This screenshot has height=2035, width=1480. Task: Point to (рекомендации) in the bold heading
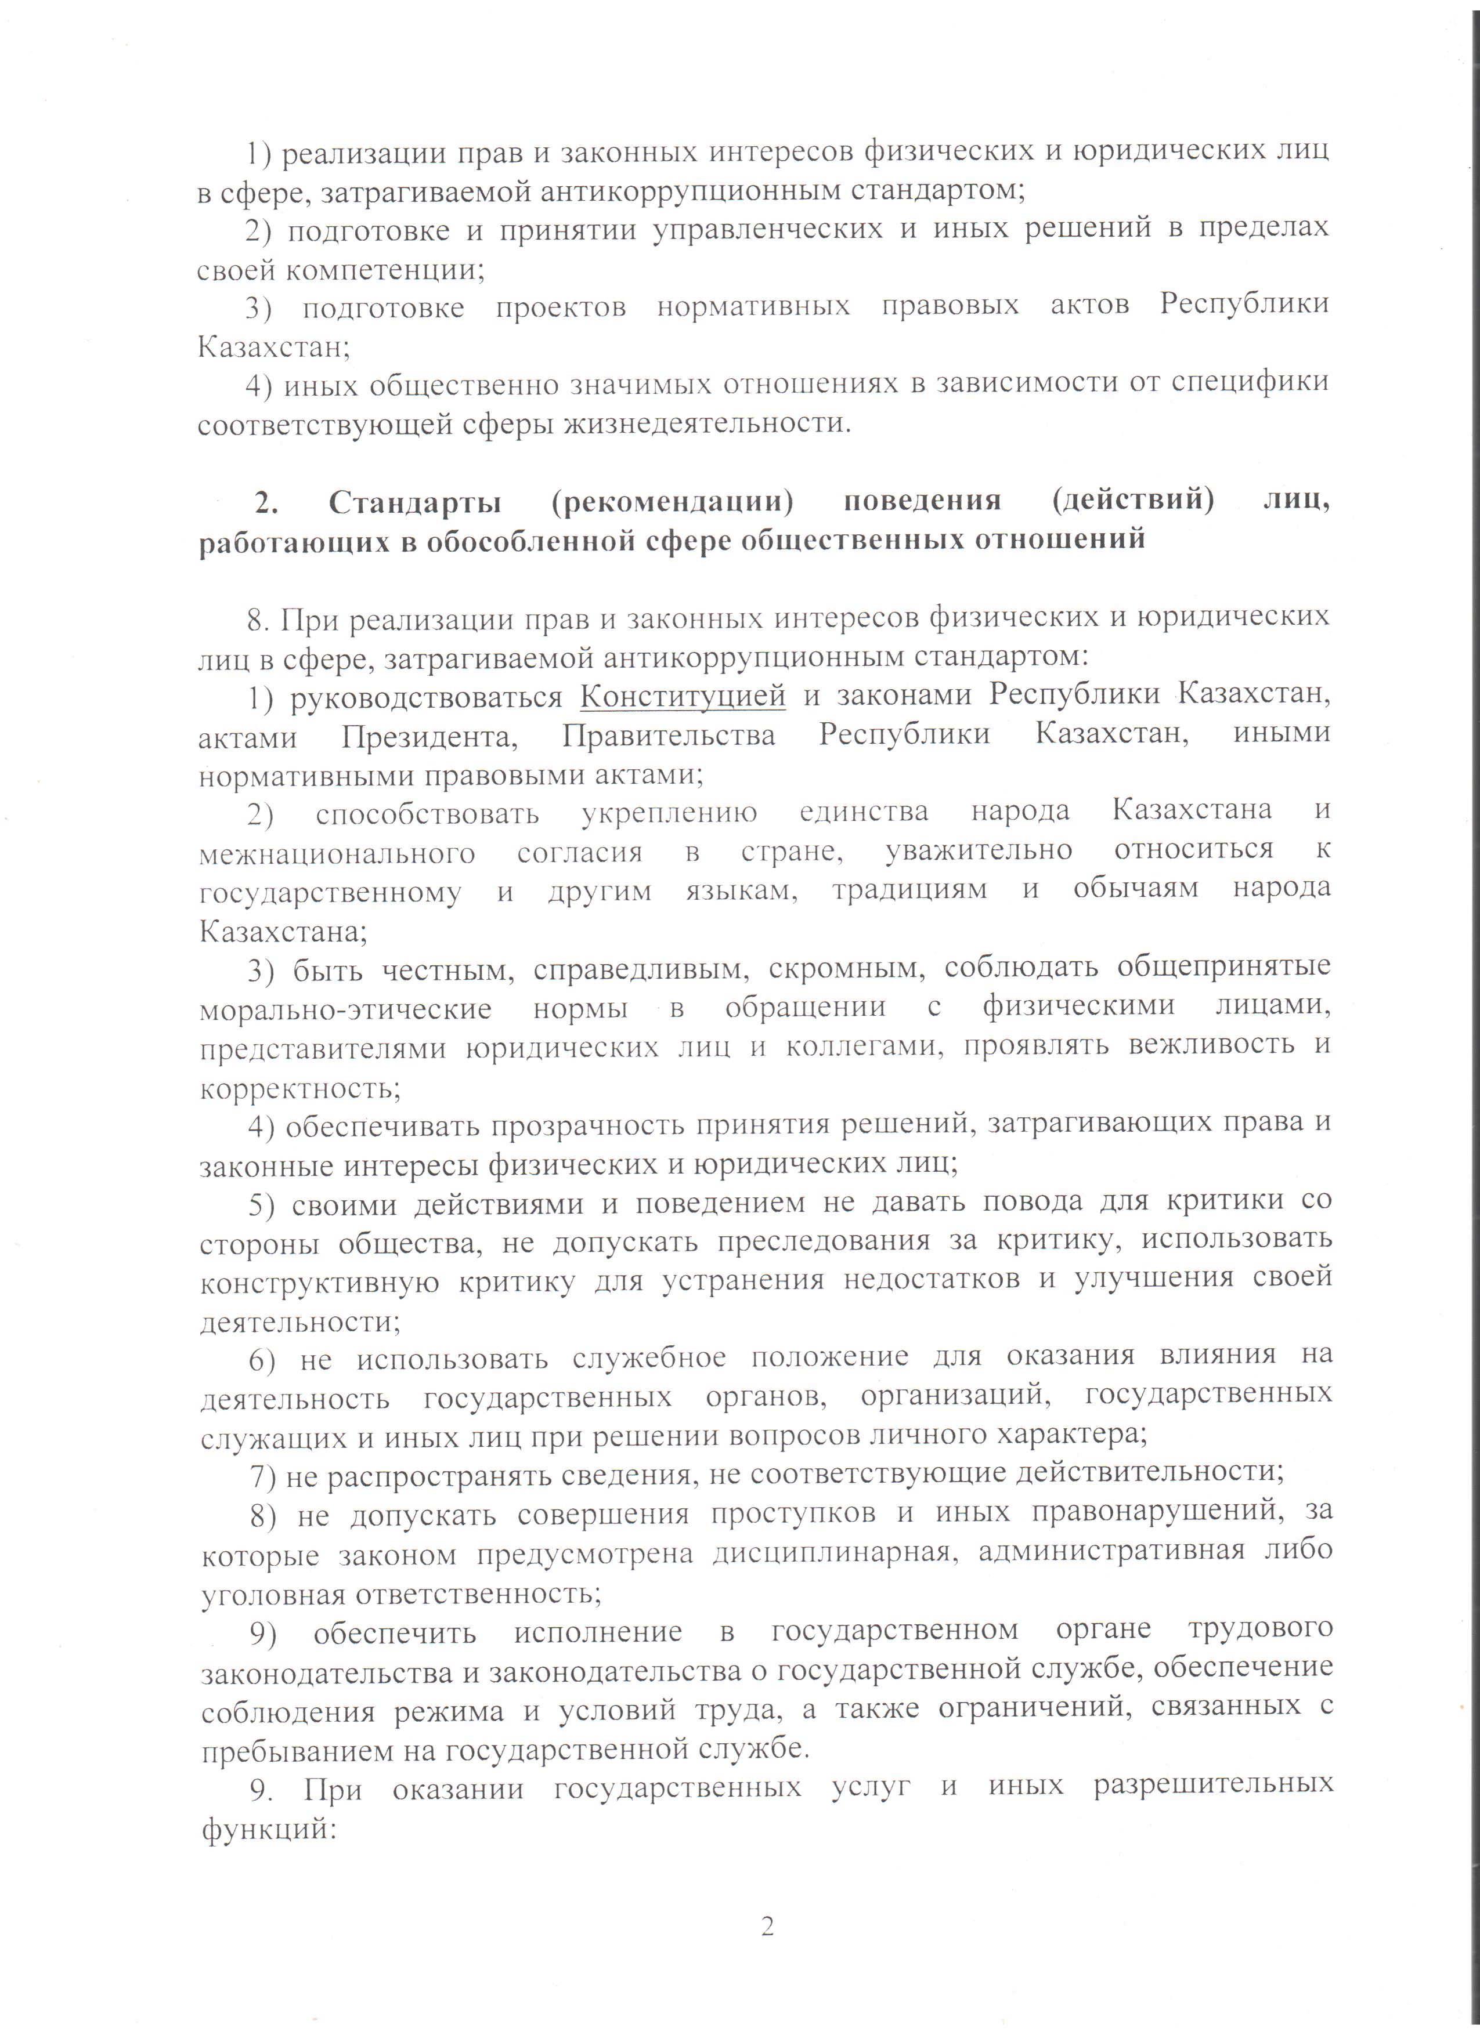coord(673,501)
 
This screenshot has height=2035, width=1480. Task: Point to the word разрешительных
coord(1212,1787)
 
